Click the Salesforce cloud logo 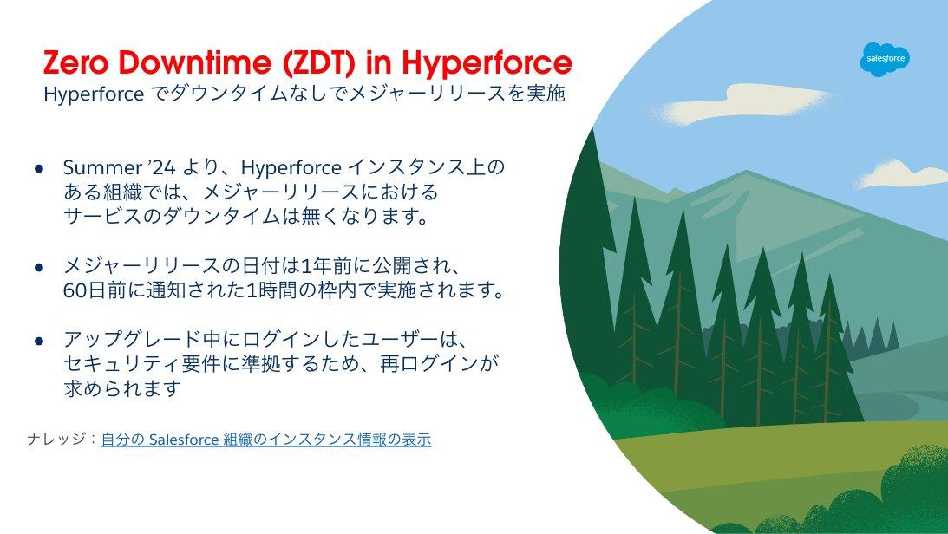coord(886,59)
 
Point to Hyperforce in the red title coord(487,63)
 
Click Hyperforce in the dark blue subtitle coord(94,94)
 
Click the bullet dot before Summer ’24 coord(39,168)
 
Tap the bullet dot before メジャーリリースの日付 coord(39,267)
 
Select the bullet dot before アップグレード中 coord(39,342)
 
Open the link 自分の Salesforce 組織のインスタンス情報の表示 coord(266,440)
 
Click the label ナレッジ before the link coord(56,439)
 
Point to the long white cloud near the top coord(747,103)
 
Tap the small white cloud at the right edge coord(903,173)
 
